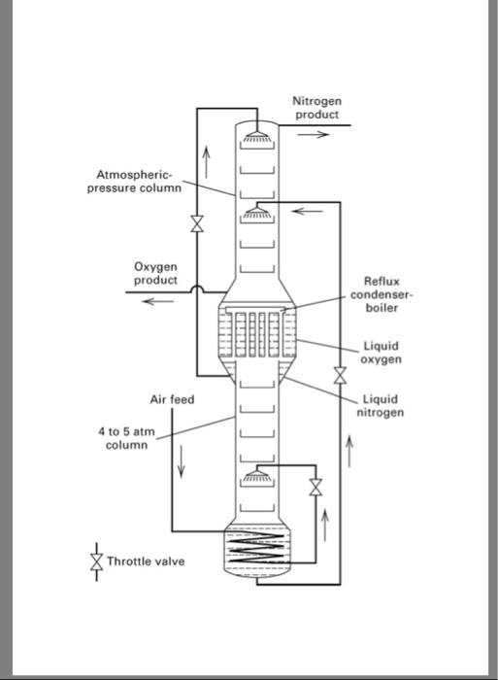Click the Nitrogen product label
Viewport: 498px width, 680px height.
tap(315, 108)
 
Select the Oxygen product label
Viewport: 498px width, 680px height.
tap(155, 274)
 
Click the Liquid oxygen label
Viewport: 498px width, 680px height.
tap(381, 352)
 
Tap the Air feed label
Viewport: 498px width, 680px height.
tap(172, 399)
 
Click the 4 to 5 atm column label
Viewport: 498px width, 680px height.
tap(126, 437)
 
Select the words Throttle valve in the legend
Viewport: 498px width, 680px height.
tap(146, 561)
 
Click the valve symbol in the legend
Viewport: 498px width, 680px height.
tap(96, 561)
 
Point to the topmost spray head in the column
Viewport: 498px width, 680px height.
tap(257, 136)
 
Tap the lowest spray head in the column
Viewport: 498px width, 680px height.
tap(257, 476)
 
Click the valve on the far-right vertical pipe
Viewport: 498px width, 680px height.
tap(340, 374)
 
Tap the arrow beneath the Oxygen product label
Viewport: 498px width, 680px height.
tap(155, 300)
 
